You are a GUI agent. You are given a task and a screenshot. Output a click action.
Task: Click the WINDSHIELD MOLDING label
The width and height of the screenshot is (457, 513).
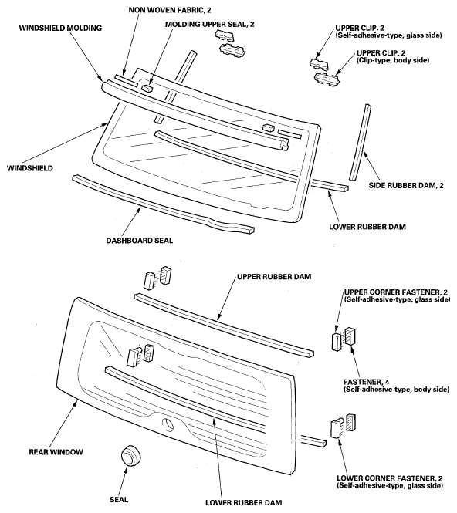point(60,28)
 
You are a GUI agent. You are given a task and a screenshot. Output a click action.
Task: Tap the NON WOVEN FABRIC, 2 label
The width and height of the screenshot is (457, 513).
point(170,10)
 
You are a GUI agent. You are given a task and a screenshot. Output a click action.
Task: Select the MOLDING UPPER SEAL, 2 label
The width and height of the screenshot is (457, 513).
point(209,25)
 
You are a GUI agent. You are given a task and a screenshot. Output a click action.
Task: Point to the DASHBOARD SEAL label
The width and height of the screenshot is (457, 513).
point(140,241)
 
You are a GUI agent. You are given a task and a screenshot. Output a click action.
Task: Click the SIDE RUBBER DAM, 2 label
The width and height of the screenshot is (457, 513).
point(406,185)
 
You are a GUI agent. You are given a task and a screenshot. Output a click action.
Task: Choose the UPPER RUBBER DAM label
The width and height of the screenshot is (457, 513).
point(274,277)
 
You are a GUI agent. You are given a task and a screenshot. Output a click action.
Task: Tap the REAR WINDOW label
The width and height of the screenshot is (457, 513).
point(56,452)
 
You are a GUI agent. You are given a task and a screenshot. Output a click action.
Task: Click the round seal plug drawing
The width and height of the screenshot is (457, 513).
point(131,455)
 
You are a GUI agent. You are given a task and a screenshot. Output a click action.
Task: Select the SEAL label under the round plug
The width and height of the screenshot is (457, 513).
point(119,500)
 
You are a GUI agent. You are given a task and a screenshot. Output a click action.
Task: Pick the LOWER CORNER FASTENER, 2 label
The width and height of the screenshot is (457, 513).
point(390,482)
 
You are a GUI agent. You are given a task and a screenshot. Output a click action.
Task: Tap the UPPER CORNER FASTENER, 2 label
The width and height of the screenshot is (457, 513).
point(397,295)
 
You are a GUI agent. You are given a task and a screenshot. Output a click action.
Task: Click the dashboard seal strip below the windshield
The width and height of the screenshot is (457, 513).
point(163,204)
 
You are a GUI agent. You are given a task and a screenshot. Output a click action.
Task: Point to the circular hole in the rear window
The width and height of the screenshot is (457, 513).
point(168,424)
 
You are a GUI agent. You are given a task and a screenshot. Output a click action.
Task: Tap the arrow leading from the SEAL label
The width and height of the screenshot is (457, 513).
point(124,481)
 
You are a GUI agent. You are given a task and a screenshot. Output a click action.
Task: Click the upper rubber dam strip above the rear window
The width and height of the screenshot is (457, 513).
point(224,323)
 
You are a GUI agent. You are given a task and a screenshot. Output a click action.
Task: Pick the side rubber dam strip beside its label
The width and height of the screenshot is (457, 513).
point(360,142)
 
